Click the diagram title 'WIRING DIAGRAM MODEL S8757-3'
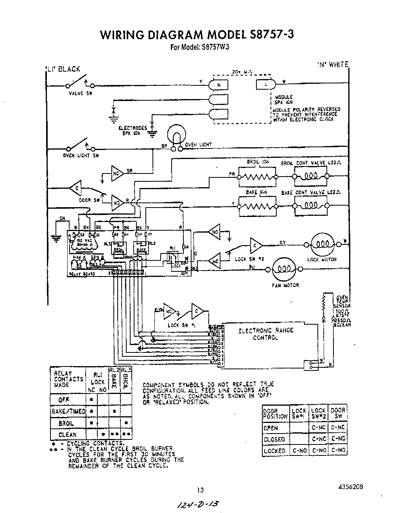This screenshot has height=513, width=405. coord(197,35)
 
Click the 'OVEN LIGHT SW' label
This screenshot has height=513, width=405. coord(81,155)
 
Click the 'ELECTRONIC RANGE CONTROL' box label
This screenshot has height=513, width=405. coord(266,334)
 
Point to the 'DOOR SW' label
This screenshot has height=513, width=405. coord(85,200)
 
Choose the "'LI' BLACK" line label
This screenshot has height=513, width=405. coord(63,69)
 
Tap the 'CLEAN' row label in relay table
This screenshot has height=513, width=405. coord(67,435)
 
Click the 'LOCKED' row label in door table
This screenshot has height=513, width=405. coord(274,451)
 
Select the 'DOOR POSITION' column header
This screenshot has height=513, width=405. coord(276,414)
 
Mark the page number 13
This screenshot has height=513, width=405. coord(200,490)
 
